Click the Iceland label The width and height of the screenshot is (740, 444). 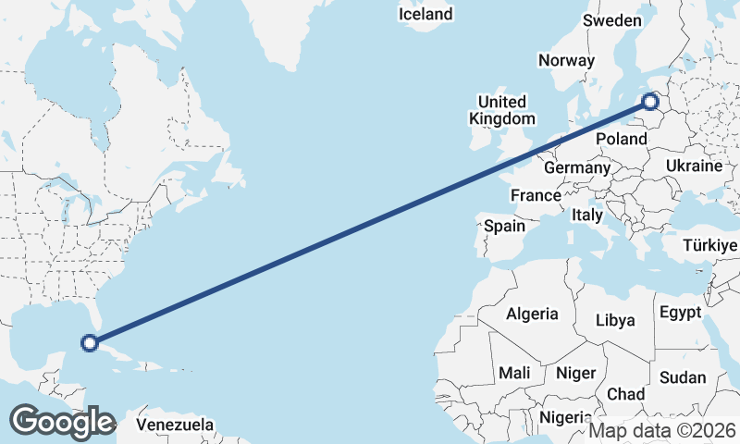click(x=425, y=14)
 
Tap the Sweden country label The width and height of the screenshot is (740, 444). click(x=611, y=20)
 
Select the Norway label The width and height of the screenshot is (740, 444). click(x=566, y=60)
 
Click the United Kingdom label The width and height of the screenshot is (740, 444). click(x=501, y=110)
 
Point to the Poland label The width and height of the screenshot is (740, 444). click(x=622, y=139)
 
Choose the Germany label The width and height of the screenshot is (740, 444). click(x=576, y=168)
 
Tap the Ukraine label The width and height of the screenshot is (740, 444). click(x=694, y=166)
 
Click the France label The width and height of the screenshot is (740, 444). click(x=536, y=195)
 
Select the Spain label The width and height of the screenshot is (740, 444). click(x=504, y=225)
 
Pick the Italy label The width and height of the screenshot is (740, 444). click(x=587, y=215)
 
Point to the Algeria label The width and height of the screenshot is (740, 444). click(x=532, y=314)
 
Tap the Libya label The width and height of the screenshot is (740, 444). click(x=615, y=321)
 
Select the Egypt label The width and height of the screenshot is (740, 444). click(x=681, y=313)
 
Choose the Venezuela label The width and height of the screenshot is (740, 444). click(x=175, y=425)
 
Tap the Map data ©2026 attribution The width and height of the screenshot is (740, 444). click(x=662, y=430)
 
